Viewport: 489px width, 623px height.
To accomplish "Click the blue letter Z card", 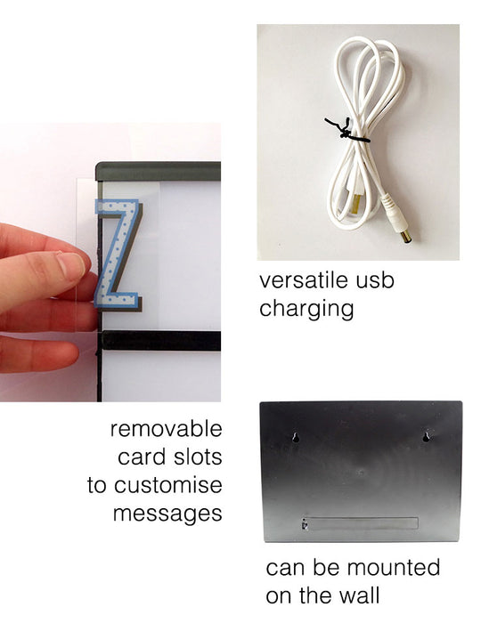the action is coord(118,255).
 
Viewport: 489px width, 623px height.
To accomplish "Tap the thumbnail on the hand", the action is coord(72,263).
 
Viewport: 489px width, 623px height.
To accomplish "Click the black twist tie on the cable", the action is coord(346,130).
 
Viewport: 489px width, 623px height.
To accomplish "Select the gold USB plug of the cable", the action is coord(352,202).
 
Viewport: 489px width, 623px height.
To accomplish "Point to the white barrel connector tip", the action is coord(405,238).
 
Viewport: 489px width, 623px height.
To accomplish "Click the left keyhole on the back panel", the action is coord(296,437).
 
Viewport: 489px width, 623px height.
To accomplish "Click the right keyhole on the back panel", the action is coord(426,437).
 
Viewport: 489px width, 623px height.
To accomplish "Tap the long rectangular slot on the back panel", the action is coord(363,523).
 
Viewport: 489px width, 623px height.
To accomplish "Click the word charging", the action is coord(306,309).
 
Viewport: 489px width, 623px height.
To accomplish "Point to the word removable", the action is coord(167,429).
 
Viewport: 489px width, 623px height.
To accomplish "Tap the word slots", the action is coord(196,457).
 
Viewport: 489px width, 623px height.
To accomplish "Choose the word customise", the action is coord(168,485).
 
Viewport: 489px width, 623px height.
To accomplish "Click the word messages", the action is coord(167,514).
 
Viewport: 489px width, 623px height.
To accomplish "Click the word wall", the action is coord(359,595).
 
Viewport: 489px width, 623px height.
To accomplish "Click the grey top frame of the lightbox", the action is coord(159,171).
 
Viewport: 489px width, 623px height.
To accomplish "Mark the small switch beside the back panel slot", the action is coord(305,524).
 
